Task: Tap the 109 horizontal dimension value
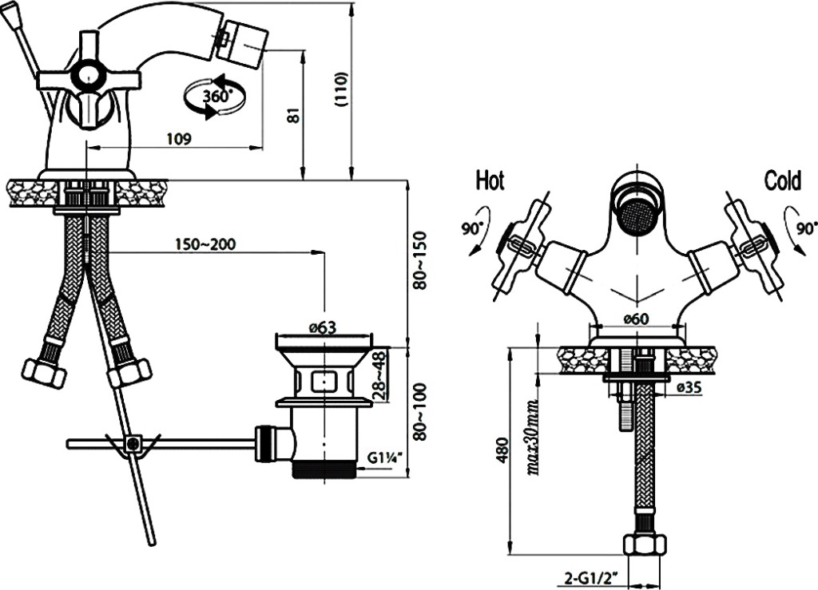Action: (x=178, y=139)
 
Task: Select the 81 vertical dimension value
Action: (x=293, y=115)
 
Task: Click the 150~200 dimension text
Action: (x=205, y=244)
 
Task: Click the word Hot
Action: (x=490, y=180)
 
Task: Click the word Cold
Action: (x=782, y=180)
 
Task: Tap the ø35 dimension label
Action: (x=689, y=387)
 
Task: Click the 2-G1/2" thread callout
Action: (x=593, y=576)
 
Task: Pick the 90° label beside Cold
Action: (x=806, y=228)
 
